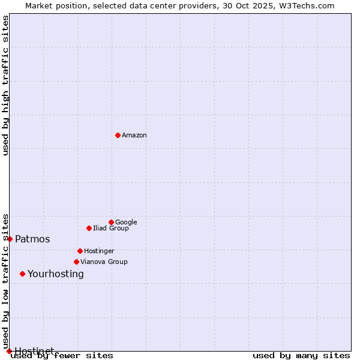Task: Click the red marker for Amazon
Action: tap(118, 135)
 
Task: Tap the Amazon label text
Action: tap(134, 136)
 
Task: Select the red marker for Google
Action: tap(111, 222)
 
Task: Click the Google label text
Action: tap(126, 222)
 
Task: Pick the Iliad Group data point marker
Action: tap(89, 228)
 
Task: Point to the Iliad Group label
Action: tap(111, 229)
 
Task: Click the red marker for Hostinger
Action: tap(80, 251)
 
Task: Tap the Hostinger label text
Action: tap(99, 251)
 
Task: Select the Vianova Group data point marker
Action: tap(76, 262)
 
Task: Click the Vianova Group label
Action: tap(104, 262)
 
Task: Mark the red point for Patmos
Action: tap(10, 239)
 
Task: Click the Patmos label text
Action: tap(32, 239)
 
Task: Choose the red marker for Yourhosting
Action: tap(22, 274)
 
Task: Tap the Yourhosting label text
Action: tap(56, 274)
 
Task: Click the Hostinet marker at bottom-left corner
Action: tap(9, 351)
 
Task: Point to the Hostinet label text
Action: tap(34, 350)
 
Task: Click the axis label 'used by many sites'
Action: tap(301, 356)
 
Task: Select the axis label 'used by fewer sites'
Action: tap(62, 356)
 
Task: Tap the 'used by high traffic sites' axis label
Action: tap(5, 85)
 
